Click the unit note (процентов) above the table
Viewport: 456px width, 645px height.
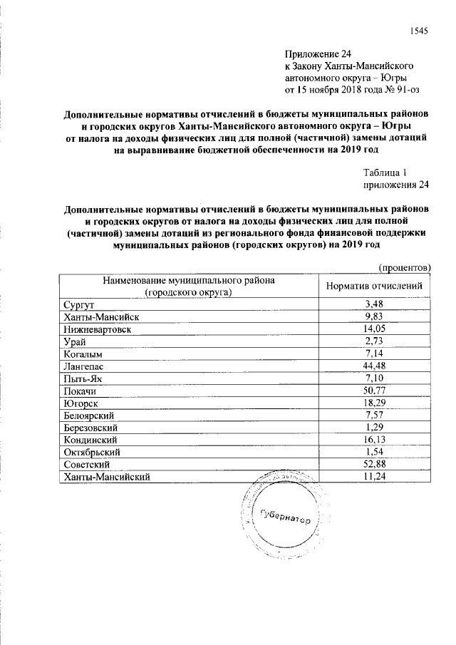403,268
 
